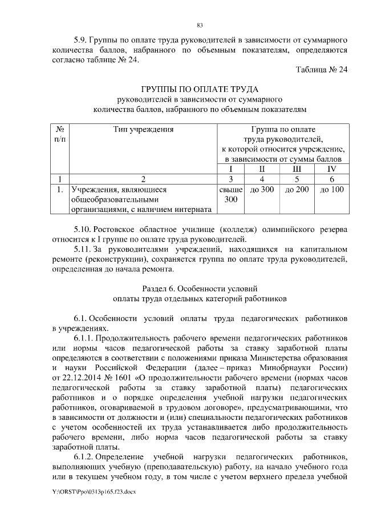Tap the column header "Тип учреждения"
(143, 129)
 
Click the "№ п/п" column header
(59, 134)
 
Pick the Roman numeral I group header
(230, 169)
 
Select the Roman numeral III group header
(297, 169)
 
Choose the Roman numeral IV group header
(331, 169)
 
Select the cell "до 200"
(297, 189)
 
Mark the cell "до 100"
(331, 189)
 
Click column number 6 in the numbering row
(331, 178)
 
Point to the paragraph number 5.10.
(83, 230)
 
